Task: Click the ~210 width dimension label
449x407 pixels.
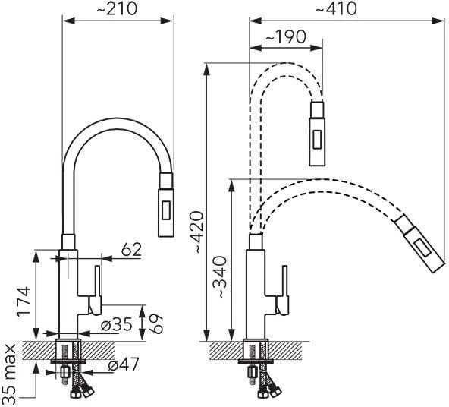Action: [x=117, y=9]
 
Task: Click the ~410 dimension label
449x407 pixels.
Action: [x=336, y=9]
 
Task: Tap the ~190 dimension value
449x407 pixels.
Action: [x=285, y=37]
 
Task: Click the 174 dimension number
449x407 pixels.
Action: [x=24, y=301]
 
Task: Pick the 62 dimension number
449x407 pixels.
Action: [x=131, y=250]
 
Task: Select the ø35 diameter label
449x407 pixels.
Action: [x=117, y=325]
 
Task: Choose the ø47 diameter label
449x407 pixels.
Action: [x=124, y=364]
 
